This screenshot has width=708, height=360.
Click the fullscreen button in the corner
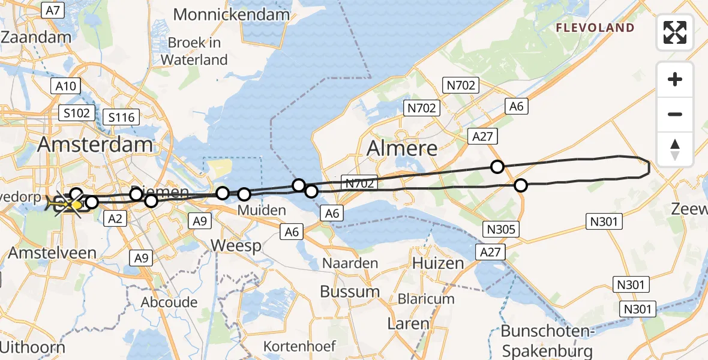coord(675,32)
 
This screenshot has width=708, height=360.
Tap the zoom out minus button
coord(675,114)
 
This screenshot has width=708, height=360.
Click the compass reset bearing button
coord(675,149)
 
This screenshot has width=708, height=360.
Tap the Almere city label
coord(402,147)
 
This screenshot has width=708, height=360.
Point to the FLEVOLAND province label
coord(595,28)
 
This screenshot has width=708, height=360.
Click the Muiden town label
coord(262,210)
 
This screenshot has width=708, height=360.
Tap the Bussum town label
coord(350,292)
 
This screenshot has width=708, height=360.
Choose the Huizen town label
coord(438,263)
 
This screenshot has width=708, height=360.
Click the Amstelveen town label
coord(52,253)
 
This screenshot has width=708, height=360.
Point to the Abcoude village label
coord(169,302)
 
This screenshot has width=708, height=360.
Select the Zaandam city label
coord(35,37)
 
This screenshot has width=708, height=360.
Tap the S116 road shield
coord(122,117)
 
